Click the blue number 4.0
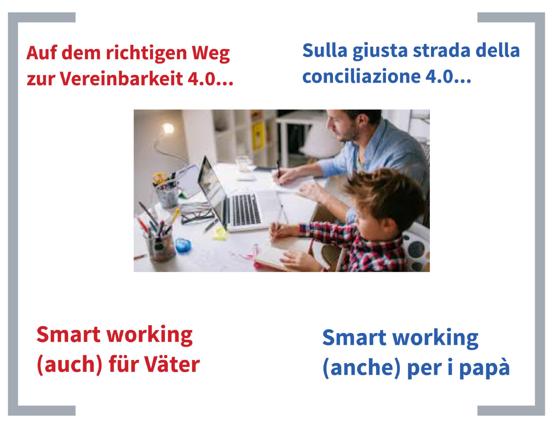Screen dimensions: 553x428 (439, 76)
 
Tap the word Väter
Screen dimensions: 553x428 (172, 364)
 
